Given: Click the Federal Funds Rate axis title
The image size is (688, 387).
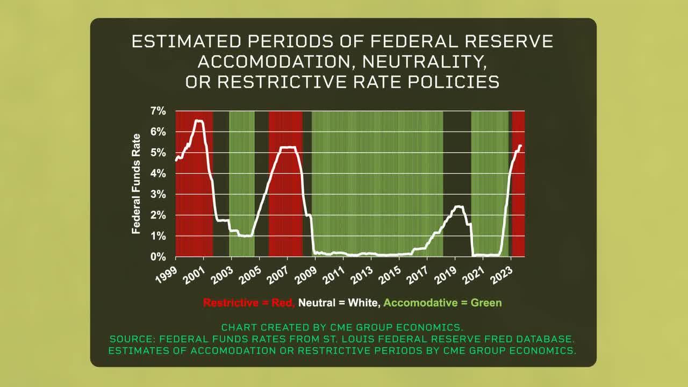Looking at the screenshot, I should click(x=137, y=184).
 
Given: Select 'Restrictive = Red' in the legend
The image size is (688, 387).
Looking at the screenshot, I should click(x=249, y=303).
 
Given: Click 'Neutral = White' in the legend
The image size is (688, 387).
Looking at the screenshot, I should click(x=340, y=303).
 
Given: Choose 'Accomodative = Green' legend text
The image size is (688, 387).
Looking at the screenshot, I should click(x=443, y=303).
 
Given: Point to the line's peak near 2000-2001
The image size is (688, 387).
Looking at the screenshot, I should click(x=199, y=121).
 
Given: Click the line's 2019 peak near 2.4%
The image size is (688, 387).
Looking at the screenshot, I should click(x=458, y=206).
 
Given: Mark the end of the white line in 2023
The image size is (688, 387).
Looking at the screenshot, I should click(x=520, y=146).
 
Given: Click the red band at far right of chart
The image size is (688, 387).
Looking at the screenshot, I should click(x=518, y=204).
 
